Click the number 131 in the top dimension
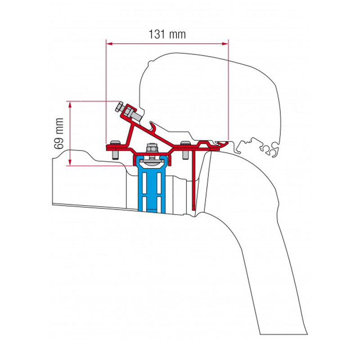[157, 34]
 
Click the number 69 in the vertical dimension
[59, 143]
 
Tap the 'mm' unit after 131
[177, 35]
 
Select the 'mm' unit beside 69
[59, 126]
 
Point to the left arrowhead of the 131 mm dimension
[109, 43]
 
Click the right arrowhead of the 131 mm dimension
[225, 43]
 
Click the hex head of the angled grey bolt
[119, 107]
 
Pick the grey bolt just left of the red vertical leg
[185, 150]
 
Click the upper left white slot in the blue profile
[144, 183]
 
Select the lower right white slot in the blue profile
[159, 204]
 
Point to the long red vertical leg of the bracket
[194, 179]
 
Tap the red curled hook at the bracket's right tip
[222, 144]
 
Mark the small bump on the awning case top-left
[150, 62]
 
